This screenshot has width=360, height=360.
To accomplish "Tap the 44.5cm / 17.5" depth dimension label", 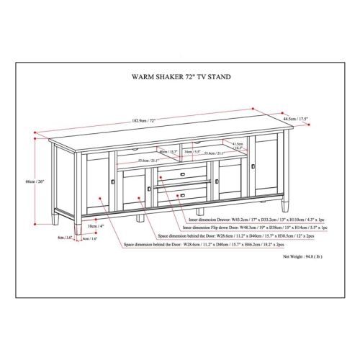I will (296, 120).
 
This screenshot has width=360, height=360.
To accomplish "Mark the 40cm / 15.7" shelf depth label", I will (168, 152).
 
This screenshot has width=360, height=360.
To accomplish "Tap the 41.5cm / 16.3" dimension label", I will (238, 146).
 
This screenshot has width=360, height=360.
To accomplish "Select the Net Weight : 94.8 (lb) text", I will (302, 256).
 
